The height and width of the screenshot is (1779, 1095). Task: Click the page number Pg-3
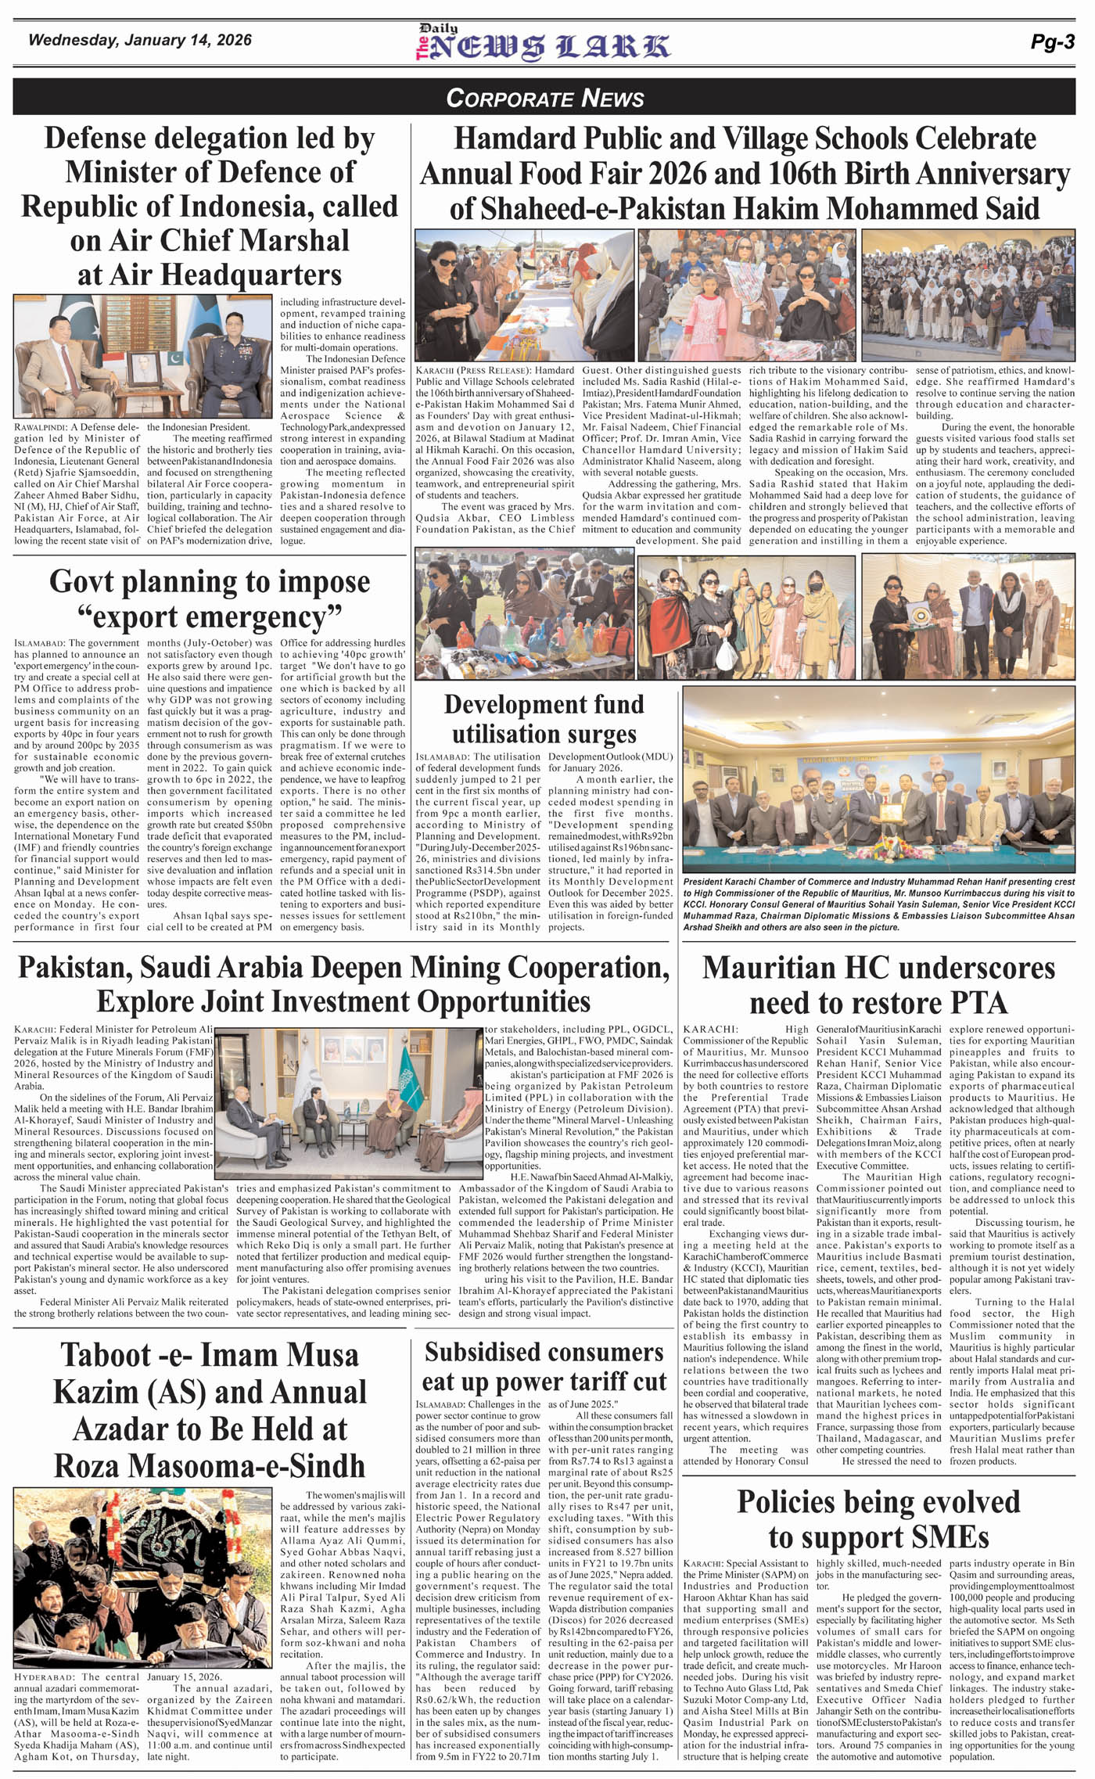pyautogui.click(x=1052, y=42)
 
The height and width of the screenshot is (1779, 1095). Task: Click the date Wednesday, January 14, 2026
pyautogui.click(x=140, y=40)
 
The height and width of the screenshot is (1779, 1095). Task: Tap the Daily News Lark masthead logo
pyautogui.click(x=542, y=43)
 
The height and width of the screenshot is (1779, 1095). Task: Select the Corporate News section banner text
pyautogui.click(x=545, y=98)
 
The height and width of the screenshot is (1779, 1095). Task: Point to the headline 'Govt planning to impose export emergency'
pyautogui.click(x=210, y=598)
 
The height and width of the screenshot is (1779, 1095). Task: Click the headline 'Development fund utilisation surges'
pyautogui.click(x=544, y=718)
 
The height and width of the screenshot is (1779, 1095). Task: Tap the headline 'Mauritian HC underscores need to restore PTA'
pyautogui.click(x=878, y=985)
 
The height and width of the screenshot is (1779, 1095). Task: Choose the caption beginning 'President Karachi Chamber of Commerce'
pyautogui.click(x=878, y=904)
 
